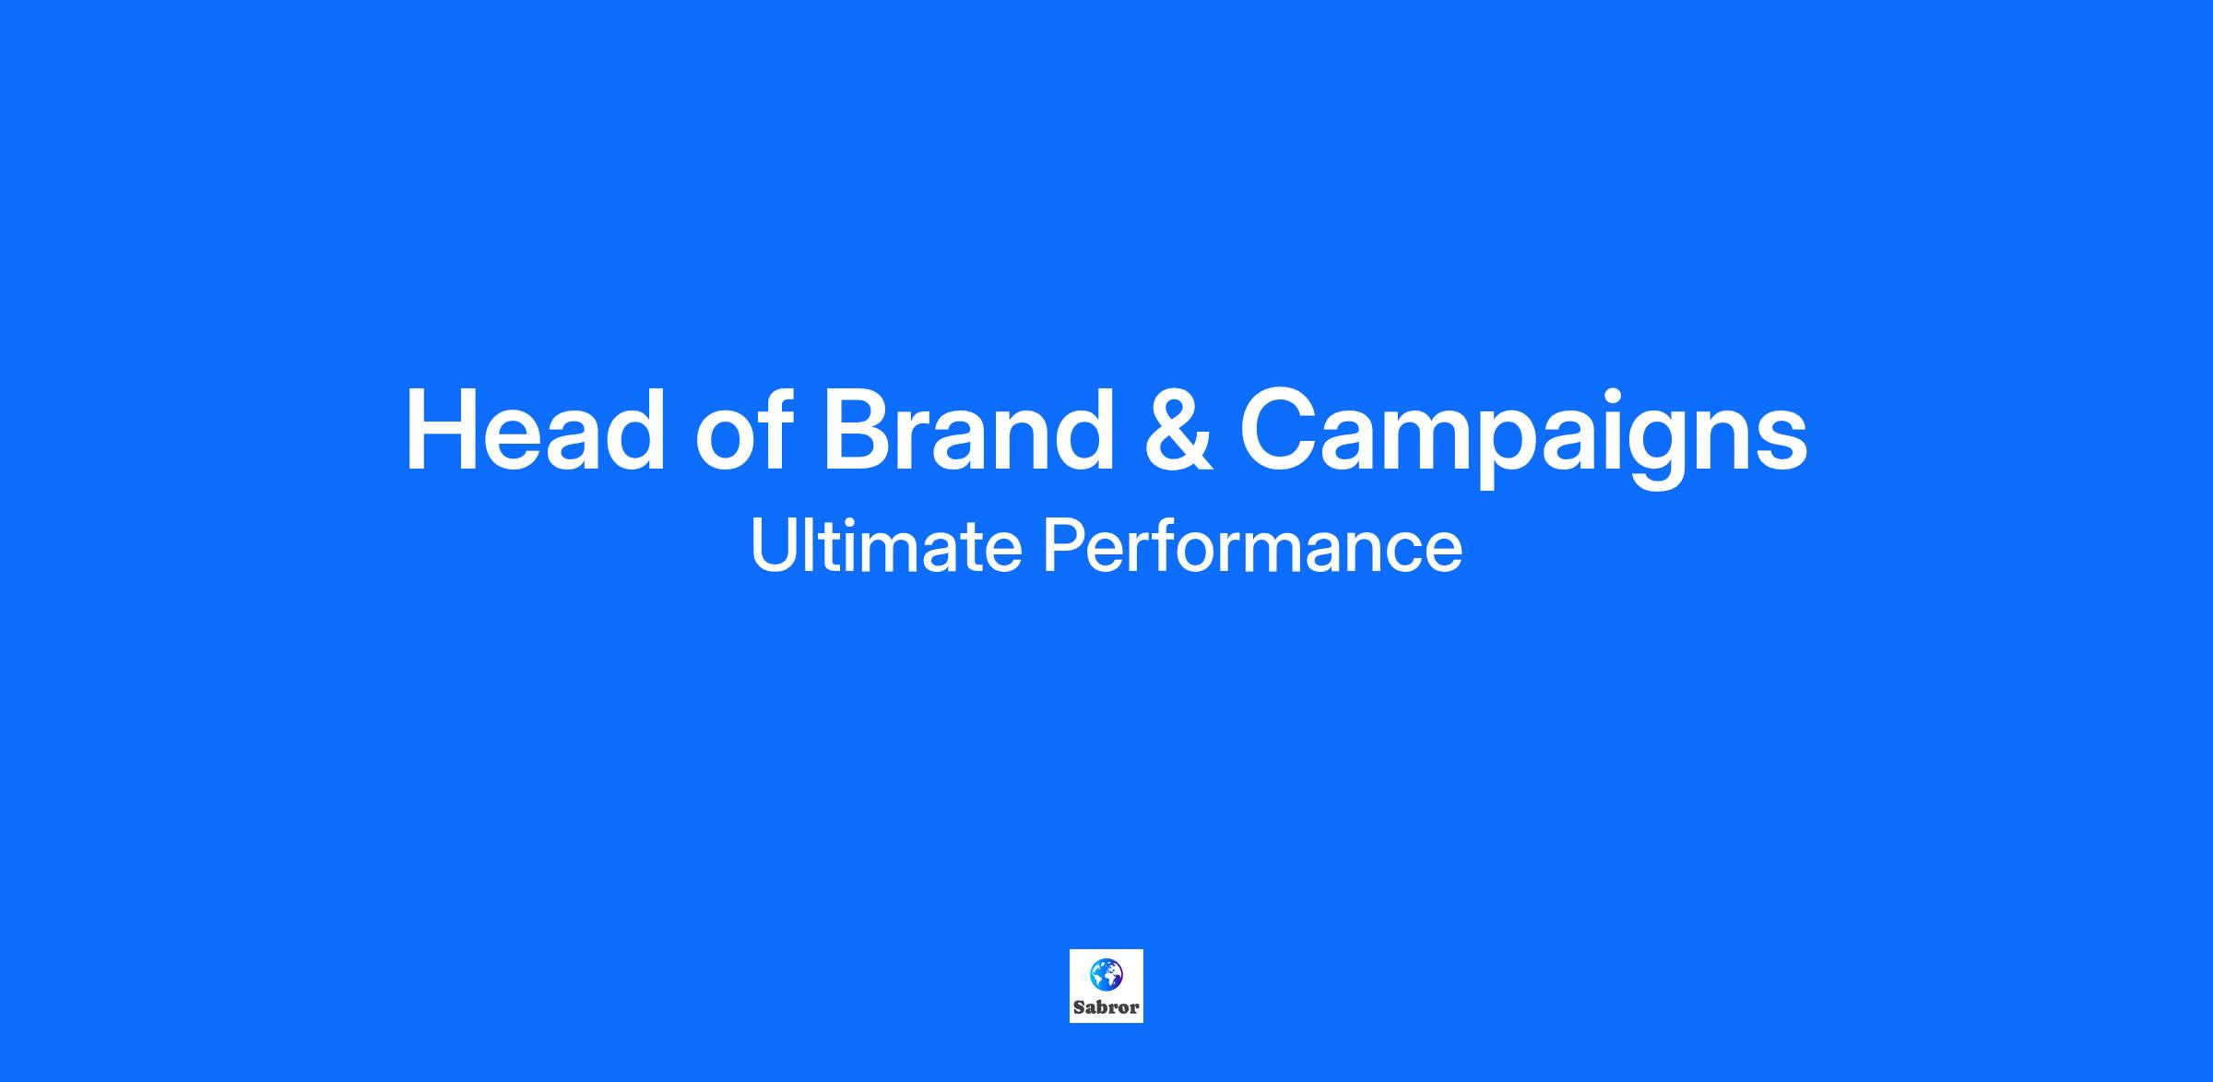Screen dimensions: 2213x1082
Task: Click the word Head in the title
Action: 536,430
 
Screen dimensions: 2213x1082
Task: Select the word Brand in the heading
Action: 969,430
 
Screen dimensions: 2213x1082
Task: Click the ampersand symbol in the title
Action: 1178,431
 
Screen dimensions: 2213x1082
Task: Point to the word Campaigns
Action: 1523,435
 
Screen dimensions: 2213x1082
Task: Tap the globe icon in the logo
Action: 1106,974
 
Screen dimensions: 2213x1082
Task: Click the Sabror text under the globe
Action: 1106,1007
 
